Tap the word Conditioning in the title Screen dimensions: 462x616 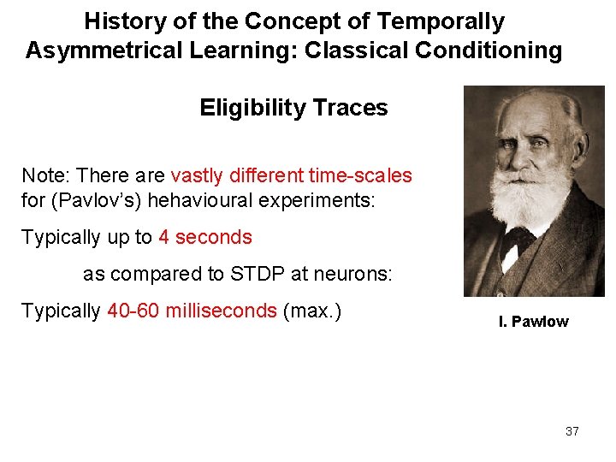click(x=489, y=50)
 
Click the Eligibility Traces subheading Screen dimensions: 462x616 click(x=293, y=108)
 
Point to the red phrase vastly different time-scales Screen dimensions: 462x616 click(x=291, y=176)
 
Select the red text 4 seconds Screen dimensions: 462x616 click(x=205, y=237)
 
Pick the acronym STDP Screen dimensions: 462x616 click(x=256, y=274)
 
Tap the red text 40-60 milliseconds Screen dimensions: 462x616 click(x=192, y=311)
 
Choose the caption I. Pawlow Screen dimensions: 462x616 click(x=533, y=322)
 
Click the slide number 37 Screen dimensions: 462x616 click(x=572, y=431)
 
